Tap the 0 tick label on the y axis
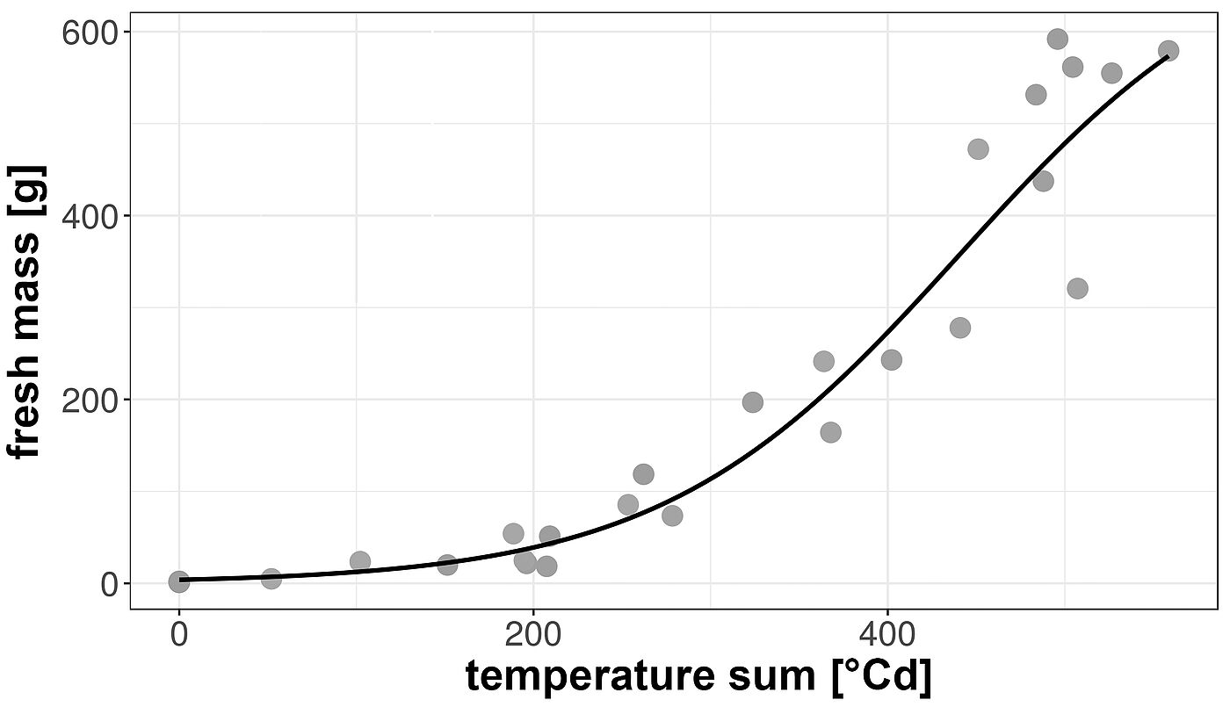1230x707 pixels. [110, 585]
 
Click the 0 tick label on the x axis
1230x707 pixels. [179, 634]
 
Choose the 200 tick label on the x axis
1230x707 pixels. [532, 634]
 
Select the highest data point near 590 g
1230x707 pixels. [1057, 39]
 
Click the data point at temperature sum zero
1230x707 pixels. [179, 581]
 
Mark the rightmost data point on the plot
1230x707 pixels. [1168, 51]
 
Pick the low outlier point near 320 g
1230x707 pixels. [1077, 288]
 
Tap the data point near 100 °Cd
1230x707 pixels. [360, 561]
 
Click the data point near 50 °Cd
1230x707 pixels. [271, 579]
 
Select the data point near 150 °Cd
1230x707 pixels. [447, 565]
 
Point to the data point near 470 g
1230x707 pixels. [978, 149]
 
